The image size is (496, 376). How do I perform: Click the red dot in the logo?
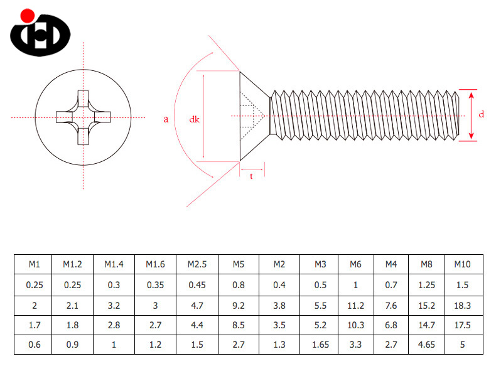click(26, 15)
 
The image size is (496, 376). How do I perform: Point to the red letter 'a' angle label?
click(166, 119)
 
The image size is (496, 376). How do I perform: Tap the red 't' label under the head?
click(252, 176)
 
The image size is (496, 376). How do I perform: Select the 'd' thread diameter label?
click(481, 114)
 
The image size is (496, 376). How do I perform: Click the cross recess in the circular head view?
click(83, 117)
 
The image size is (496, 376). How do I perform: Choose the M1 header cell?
click(34, 264)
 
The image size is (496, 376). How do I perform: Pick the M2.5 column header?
click(197, 264)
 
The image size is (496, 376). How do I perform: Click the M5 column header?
click(238, 264)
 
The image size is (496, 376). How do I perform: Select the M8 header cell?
click(426, 264)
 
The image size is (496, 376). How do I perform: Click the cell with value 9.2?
click(238, 306)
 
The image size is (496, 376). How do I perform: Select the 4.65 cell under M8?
click(426, 345)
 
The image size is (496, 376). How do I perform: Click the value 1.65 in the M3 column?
click(320, 345)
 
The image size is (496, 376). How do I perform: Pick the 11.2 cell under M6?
click(356, 306)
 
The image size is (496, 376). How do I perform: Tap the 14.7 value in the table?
click(426, 326)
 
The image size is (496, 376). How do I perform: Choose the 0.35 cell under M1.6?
click(156, 285)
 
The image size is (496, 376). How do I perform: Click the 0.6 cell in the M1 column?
click(34, 345)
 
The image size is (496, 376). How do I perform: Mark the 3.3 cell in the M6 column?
click(356, 345)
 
